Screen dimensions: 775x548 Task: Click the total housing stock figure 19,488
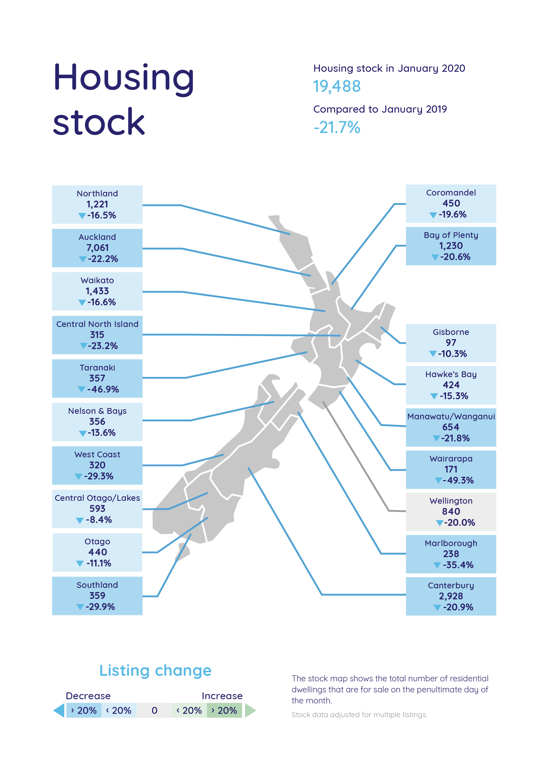pos(337,86)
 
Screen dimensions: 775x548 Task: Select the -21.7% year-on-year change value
pos(337,128)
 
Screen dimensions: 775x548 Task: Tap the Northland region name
pos(97,193)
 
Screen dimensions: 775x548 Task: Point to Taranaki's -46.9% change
pos(103,389)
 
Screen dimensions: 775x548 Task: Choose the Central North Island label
pos(97,324)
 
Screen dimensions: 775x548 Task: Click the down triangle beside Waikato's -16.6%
pos(82,302)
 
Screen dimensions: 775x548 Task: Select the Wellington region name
pos(451,501)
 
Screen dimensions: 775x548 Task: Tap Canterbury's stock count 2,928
pos(451,596)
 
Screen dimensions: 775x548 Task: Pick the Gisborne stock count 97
pos(451,343)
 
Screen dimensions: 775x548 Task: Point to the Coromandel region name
pos(451,193)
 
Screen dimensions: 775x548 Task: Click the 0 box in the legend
pos(154,710)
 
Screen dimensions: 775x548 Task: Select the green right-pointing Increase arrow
pos(250,710)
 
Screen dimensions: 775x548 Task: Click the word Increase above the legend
pos(222,696)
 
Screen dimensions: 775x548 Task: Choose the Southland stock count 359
pos(97,596)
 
